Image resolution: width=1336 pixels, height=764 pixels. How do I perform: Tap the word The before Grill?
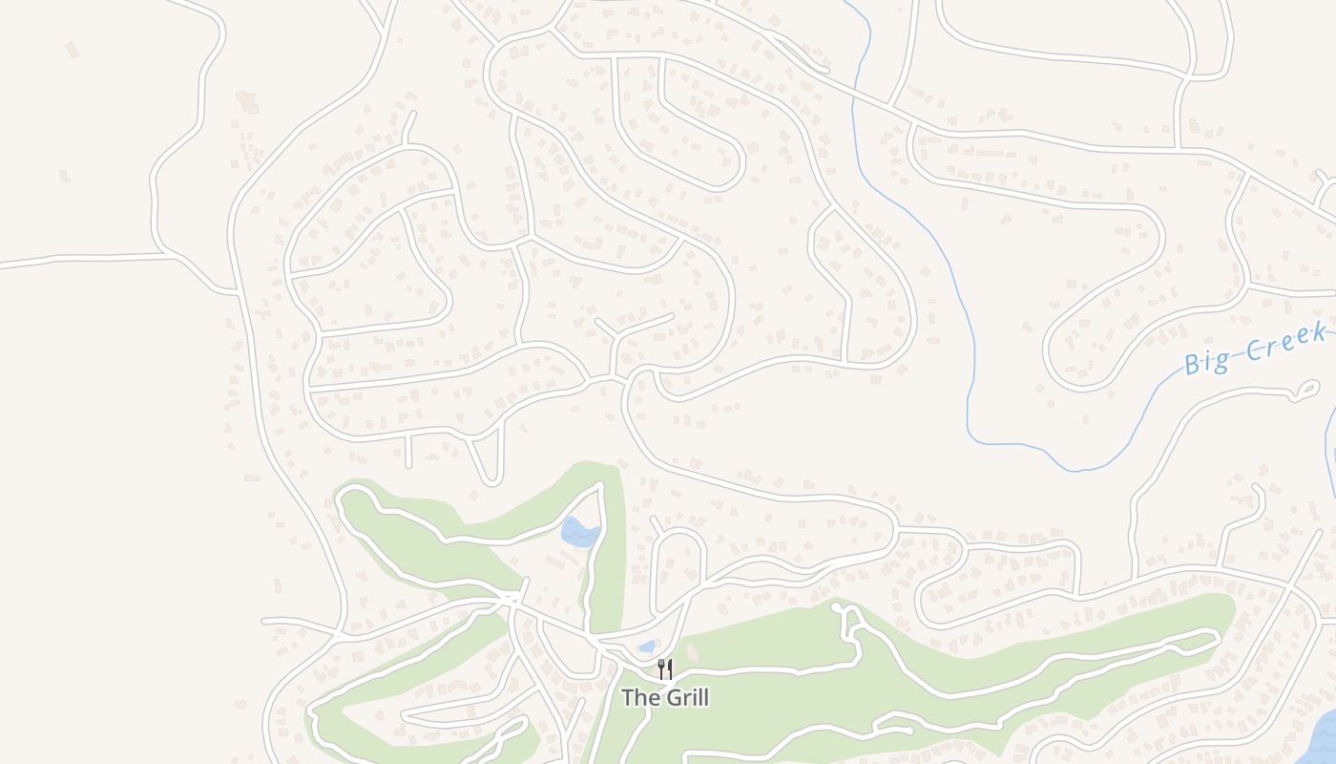click(640, 698)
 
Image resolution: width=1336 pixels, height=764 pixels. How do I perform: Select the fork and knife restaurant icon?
click(665, 668)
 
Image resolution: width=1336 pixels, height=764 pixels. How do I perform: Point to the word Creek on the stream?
click(1284, 342)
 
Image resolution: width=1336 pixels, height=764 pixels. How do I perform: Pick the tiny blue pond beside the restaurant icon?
click(647, 647)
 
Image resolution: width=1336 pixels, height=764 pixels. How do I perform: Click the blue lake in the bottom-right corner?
click(1322, 740)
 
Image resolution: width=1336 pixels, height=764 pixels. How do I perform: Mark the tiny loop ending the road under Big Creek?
click(1305, 390)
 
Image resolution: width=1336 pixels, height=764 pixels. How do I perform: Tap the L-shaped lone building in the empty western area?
click(72, 50)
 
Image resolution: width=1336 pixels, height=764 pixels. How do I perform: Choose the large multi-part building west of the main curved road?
click(248, 102)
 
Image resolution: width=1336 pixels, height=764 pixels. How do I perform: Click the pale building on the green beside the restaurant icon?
click(693, 653)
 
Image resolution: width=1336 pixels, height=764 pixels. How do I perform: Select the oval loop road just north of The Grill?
click(678, 568)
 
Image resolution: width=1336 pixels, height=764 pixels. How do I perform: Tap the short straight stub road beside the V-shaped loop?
click(408, 451)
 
